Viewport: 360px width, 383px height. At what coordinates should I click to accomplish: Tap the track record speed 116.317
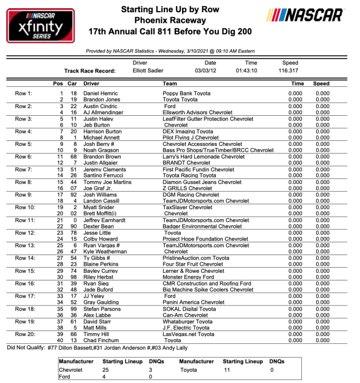(289, 70)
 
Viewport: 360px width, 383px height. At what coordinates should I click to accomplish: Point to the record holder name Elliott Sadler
(148, 70)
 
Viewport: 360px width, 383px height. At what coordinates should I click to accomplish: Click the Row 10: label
(25, 208)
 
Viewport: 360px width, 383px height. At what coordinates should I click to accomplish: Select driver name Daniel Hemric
(101, 93)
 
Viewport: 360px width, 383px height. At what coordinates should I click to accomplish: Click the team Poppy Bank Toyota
(186, 93)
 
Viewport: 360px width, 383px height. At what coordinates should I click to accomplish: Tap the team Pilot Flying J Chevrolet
(191, 138)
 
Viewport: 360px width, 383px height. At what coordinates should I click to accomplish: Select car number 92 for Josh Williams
(74, 195)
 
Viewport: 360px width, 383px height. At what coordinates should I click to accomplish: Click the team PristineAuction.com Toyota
(196, 259)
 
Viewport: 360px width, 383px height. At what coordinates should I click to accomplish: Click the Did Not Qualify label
(27, 347)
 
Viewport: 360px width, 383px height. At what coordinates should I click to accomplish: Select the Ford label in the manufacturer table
(65, 377)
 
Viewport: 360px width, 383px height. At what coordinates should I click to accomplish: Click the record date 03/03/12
(205, 70)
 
